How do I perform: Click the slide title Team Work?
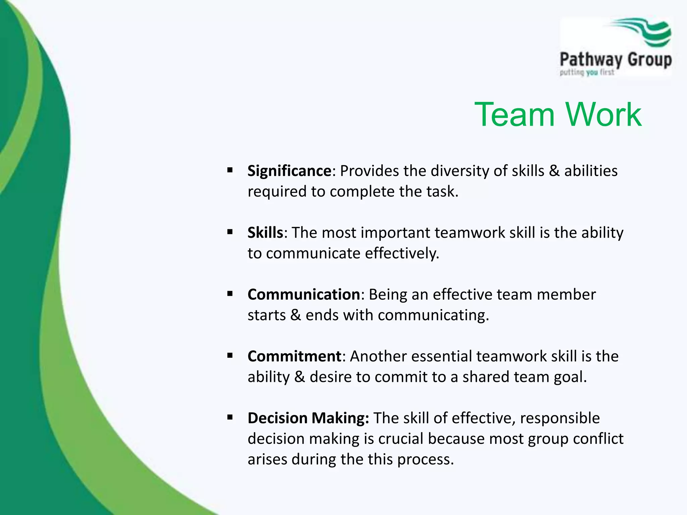[x=558, y=115]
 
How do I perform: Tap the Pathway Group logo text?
[x=616, y=60]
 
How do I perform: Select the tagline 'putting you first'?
[x=587, y=72]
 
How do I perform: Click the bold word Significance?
[x=289, y=171]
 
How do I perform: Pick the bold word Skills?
[x=265, y=232]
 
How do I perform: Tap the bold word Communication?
[x=304, y=294]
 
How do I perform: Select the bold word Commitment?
[x=294, y=356]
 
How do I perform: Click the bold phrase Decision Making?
[x=308, y=418]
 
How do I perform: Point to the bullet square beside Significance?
[x=230, y=170]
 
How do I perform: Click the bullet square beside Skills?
[x=230, y=232]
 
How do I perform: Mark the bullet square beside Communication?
[x=230, y=294]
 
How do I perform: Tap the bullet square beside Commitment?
[x=230, y=355]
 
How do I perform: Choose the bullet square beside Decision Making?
[x=230, y=417]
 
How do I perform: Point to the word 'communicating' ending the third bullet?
[x=433, y=316]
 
